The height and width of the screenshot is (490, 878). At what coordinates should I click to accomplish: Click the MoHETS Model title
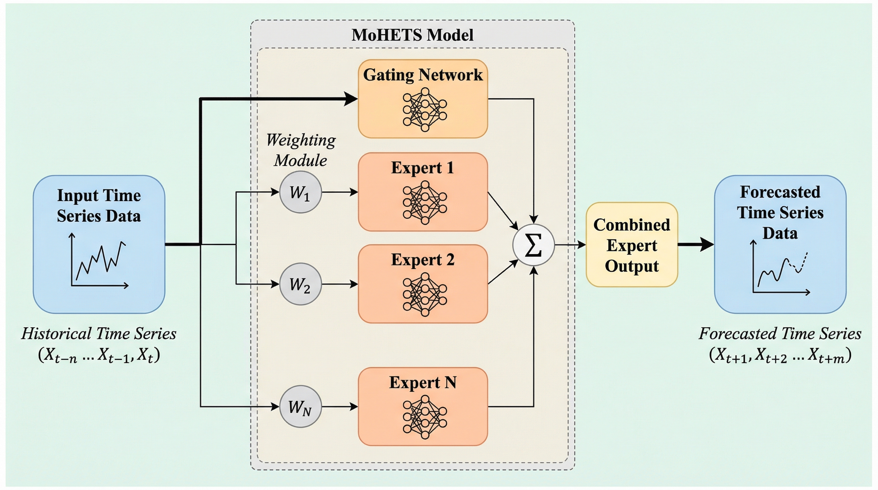tap(413, 35)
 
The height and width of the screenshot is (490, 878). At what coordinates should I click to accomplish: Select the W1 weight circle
tap(300, 192)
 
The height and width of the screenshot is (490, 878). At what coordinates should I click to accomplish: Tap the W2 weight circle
tap(300, 284)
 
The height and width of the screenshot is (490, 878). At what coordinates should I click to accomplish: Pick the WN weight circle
tap(300, 406)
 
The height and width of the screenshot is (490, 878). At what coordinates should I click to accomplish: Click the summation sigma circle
tap(533, 245)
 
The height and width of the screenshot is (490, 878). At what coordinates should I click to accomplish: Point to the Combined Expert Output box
tap(632, 245)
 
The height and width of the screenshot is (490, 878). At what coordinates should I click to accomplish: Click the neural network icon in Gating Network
tap(424, 110)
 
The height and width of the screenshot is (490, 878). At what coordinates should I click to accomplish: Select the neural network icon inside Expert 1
tap(424, 203)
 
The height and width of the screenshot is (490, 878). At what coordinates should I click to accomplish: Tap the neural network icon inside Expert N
tap(424, 417)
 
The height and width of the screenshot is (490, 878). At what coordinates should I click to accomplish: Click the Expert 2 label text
tap(423, 260)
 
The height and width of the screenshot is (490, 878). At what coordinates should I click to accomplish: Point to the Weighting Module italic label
tap(301, 150)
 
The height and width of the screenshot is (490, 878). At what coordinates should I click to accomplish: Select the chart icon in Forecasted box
tap(780, 267)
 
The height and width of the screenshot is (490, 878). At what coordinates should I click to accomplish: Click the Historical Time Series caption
tap(99, 333)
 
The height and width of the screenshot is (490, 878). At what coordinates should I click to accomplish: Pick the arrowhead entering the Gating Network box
tap(350, 99)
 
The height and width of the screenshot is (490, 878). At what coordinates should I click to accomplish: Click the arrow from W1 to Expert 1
tap(340, 192)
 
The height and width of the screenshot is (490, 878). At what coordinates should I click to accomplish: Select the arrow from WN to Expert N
tap(340, 406)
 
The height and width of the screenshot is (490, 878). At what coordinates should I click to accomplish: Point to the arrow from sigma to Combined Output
tap(570, 244)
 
